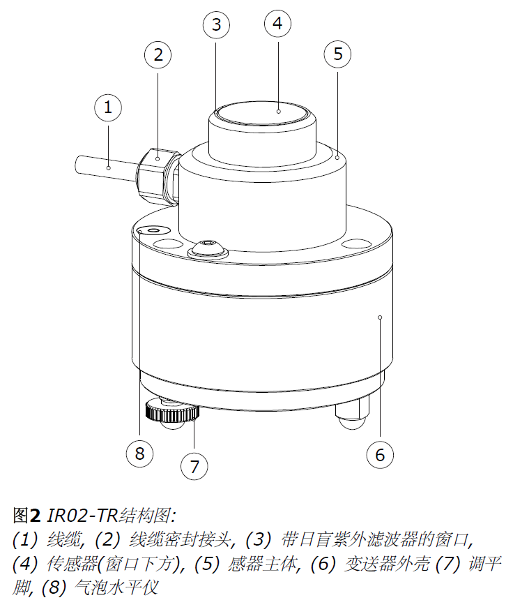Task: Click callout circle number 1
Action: pyautogui.click(x=108, y=107)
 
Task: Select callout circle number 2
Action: pyautogui.click(x=158, y=54)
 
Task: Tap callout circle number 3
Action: pyautogui.click(x=216, y=25)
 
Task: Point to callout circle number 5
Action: pyautogui.click(x=338, y=54)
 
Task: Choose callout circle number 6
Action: pyautogui.click(x=380, y=455)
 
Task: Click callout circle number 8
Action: pyautogui.click(x=139, y=454)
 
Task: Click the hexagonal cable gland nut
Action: pyautogui.click(x=155, y=174)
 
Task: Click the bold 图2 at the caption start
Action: pyautogui.click(x=27, y=516)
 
